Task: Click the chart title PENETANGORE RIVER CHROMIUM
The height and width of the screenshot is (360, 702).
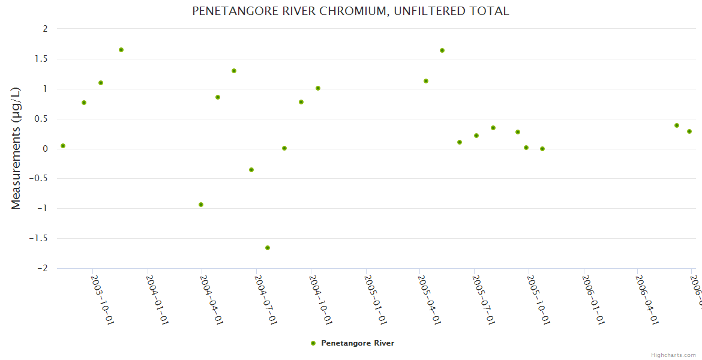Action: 350,11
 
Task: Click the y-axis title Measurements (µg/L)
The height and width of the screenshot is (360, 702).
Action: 16,148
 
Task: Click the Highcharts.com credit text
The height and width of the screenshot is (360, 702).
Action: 673,355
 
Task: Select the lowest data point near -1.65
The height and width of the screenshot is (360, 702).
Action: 268,248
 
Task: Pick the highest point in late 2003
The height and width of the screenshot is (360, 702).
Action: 121,50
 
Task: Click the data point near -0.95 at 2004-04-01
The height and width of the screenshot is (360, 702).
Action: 201,205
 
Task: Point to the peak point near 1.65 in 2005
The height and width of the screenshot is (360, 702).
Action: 442,50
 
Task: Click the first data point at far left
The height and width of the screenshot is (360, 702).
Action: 63,146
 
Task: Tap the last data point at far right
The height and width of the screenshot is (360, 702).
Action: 689,131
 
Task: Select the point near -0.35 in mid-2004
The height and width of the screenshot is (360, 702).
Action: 251,170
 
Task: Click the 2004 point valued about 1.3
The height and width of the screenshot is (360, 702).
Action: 234,71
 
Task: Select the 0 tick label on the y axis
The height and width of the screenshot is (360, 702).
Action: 45,149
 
